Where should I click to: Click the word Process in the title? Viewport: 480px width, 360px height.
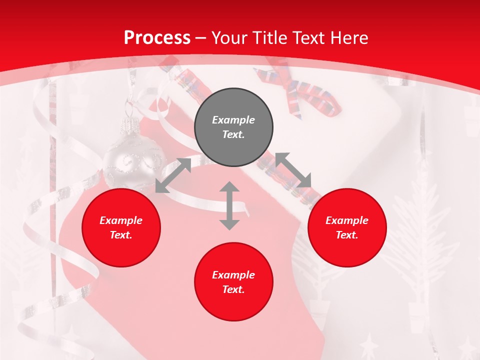(157, 38)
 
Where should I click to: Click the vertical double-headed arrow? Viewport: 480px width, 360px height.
(229, 205)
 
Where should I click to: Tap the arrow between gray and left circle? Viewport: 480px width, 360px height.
(173, 175)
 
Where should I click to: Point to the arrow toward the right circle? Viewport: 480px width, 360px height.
(293, 170)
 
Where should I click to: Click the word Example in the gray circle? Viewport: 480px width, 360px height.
(233, 120)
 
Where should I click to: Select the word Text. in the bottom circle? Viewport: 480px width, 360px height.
(233, 290)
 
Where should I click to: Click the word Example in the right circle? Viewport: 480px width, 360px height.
(347, 220)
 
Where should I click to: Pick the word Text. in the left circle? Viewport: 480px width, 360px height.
(121, 235)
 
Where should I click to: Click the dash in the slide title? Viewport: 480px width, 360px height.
(201, 38)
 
